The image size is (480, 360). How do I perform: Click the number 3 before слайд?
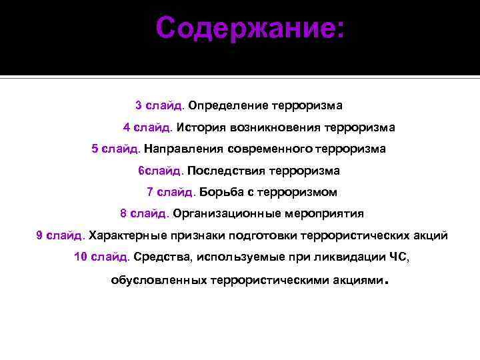click(x=138, y=105)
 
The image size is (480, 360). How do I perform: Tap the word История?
click(x=201, y=127)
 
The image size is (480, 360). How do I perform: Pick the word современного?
click(x=279, y=149)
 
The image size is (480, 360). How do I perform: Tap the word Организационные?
click(x=227, y=214)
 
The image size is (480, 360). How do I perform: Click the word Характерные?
click(x=127, y=235)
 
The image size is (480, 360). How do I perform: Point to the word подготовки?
click(x=263, y=235)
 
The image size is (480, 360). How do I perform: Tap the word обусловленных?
click(x=158, y=281)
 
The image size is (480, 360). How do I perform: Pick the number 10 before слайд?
click(x=81, y=257)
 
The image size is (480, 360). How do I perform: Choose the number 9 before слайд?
click(x=39, y=235)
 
